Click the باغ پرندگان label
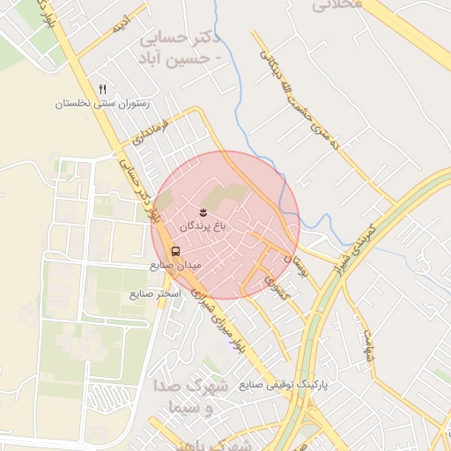[204, 226]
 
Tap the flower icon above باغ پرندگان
[204, 212]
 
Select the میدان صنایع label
[175, 264]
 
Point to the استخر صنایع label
[155, 292]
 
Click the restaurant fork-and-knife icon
[102, 89]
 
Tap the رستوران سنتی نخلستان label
[103, 103]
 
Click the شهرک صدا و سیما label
[197, 398]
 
